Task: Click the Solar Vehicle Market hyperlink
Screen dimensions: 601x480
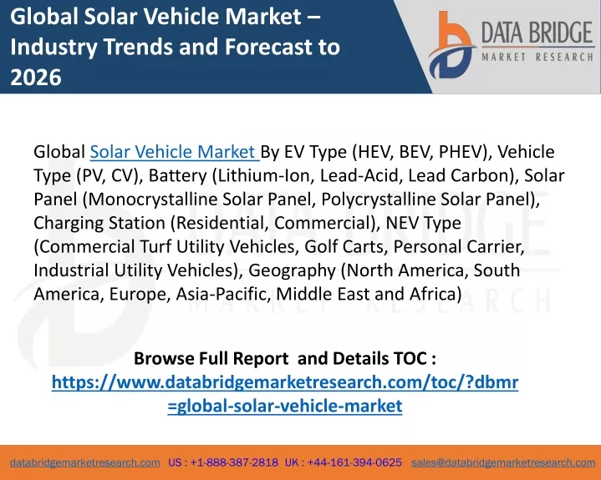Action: pos(175,152)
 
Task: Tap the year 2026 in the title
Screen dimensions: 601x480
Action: pos(36,77)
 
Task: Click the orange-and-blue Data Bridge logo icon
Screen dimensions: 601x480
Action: pos(452,45)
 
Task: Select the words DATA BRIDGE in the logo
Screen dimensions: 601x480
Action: pos(537,33)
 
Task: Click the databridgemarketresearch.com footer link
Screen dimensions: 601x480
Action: pos(85,462)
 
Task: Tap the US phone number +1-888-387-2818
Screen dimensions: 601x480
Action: pos(234,462)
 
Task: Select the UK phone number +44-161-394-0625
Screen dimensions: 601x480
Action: pos(354,462)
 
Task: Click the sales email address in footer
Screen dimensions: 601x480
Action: pos(503,462)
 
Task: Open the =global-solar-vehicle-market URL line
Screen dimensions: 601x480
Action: pos(285,406)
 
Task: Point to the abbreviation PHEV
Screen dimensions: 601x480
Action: pos(462,152)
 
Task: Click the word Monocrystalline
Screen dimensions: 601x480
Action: pos(153,200)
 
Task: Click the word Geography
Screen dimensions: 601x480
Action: pos(292,271)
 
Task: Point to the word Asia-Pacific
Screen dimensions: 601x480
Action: pos(223,295)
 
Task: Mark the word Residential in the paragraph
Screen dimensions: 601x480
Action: pos(222,223)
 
